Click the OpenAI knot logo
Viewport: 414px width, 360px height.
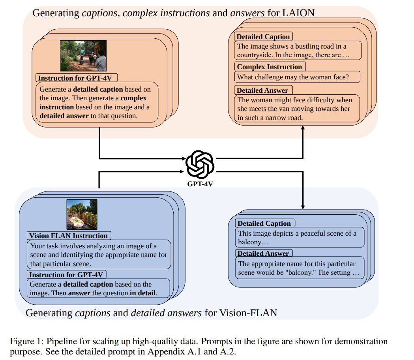point(200,165)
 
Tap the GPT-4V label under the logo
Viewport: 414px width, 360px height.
point(200,184)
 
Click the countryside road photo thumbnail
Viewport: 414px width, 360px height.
point(83,56)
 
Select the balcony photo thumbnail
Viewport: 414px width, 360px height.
point(82,214)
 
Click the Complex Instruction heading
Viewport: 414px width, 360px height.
point(270,67)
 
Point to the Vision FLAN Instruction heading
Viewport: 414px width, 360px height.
point(69,236)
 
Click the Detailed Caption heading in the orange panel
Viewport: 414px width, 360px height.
point(263,37)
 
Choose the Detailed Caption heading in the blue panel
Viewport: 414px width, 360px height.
point(264,223)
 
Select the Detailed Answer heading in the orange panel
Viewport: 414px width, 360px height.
point(262,90)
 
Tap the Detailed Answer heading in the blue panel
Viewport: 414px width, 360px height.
point(263,253)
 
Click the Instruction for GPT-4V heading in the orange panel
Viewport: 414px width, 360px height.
point(75,78)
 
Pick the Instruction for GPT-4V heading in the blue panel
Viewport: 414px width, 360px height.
point(66,275)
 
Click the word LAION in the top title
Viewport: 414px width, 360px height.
point(298,13)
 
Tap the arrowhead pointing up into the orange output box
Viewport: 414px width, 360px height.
point(303,128)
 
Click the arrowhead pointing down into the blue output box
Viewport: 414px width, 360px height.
point(303,207)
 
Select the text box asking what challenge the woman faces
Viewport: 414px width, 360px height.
point(297,77)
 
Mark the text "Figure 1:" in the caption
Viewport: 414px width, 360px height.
point(27,341)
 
